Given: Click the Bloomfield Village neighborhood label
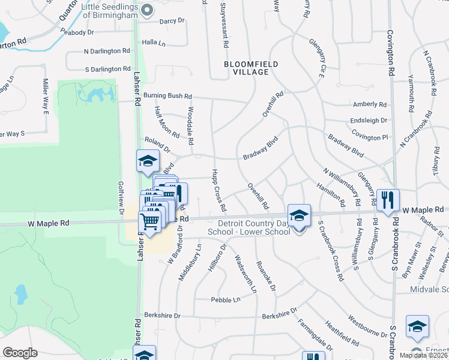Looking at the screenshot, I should pyautogui.click(x=246, y=67).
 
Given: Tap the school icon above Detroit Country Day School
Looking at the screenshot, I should pyautogui.click(x=299, y=214).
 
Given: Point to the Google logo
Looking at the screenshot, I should pyautogui.click(x=20, y=353).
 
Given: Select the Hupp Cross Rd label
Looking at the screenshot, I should pyautogui.click(x=218, y=190).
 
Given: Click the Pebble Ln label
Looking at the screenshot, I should pyautogui.click(x=225, y=299).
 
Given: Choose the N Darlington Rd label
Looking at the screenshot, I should pyautogui.click(x=107, y=52).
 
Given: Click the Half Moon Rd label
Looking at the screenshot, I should pyautogui.click(x=166, y=122).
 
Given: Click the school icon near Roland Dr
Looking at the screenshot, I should pyautogui.click(x=147, y=161).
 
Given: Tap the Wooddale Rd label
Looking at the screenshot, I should pyautogui.click(x=190, y=126).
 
